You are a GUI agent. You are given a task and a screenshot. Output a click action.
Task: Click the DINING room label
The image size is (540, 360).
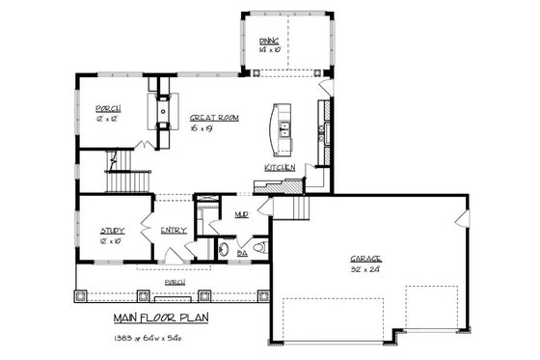pyautogui.click(x=269, y=40)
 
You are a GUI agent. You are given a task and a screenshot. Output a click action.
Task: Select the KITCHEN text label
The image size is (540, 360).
pyautogui.click(x=281, y=167)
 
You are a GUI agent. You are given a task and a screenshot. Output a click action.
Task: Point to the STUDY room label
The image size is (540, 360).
pyautogui.click(x=114, y=230)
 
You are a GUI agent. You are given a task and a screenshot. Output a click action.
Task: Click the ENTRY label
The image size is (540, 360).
pyautogui.click(x=174, y=230)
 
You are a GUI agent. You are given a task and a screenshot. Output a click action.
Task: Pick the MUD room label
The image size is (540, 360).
pyautogui.click(x=241, y=215)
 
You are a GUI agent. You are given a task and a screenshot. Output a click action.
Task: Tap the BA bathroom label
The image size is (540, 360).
pyautogui.click(x=241, y=250)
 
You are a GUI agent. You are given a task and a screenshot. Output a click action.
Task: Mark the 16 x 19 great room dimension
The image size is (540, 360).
pyautogui.click(x=202, y=127)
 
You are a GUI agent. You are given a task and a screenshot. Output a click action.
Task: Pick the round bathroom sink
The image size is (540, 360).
pyautogui.click(x=223, y=249)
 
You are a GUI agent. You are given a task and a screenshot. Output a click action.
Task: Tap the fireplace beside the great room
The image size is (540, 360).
pyautogui.click(x=161, y=109)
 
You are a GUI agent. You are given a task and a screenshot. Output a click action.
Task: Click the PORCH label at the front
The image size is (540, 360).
pyautogui.click(x=175, y=282)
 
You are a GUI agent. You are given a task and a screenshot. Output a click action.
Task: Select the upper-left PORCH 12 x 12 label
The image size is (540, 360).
pyautogui.click(x=108, y=113)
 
